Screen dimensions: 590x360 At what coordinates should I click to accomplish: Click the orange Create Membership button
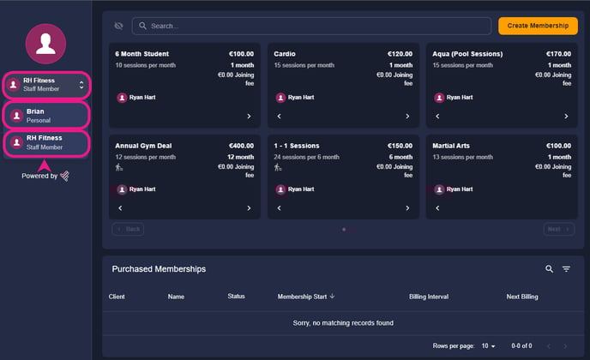538,26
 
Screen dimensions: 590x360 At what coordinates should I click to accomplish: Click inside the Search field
311,26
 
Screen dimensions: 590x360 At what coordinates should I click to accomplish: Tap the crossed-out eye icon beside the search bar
118,26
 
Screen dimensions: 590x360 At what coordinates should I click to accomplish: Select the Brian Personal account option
46,116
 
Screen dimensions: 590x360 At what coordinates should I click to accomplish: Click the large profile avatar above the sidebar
46,44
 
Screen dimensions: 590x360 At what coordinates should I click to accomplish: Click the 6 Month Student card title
141,54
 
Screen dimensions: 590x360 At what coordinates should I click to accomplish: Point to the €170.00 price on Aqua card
558,54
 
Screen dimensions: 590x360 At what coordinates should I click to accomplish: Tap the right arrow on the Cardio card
407,117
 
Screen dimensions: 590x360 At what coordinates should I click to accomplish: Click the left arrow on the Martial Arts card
437,208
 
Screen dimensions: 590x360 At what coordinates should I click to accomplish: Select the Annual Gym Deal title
143,146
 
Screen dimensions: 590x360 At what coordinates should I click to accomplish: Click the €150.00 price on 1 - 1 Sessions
400,146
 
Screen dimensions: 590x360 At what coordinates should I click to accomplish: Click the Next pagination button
559,229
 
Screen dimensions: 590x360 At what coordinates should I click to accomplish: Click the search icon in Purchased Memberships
550,269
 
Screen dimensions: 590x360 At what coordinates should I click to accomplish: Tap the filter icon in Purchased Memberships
566,269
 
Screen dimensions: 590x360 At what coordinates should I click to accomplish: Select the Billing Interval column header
429,297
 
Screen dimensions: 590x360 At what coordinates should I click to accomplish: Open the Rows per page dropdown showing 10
489,345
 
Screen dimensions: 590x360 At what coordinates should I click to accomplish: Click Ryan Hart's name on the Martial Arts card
460,189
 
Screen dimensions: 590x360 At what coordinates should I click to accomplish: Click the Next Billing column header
522,297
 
